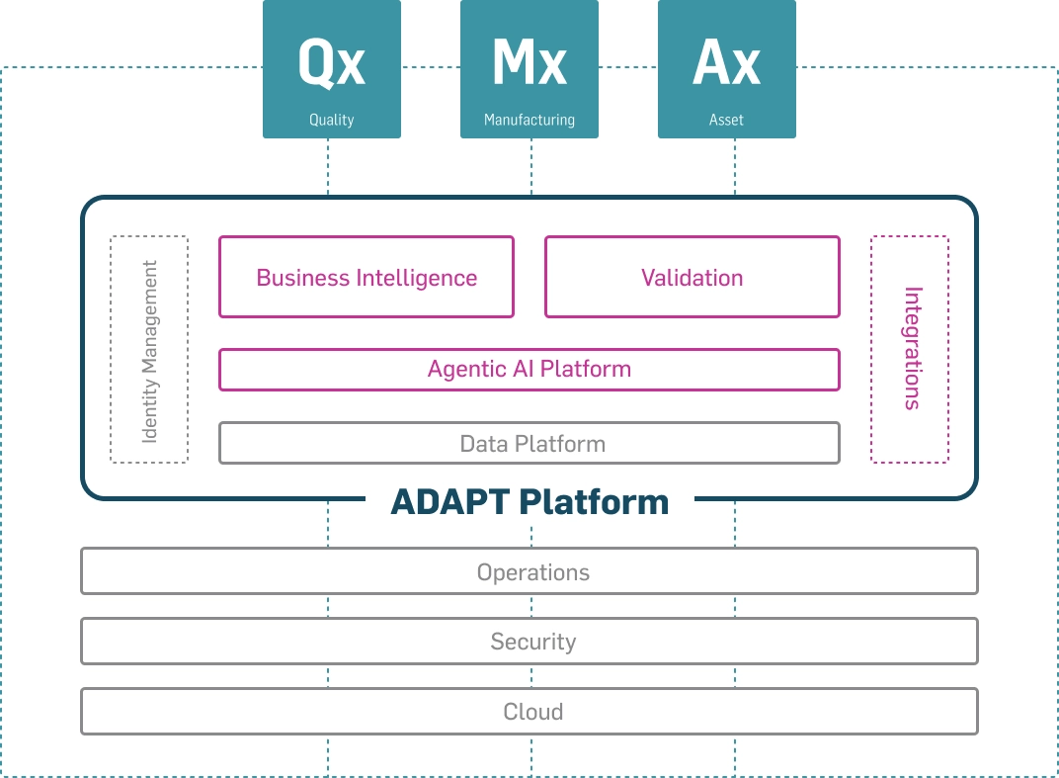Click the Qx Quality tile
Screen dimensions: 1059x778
[x=332, y=69]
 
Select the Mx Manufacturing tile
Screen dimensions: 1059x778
[x=529, y=69]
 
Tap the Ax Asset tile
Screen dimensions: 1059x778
[x=727, y=69]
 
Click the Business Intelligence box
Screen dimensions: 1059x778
[x=367, y=277]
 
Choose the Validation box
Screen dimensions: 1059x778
[x=692, y=277]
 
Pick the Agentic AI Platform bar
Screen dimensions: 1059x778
[x=529, y=370]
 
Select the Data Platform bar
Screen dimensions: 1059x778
[x=529, y=444]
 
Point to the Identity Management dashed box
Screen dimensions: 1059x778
[x=149, y=350]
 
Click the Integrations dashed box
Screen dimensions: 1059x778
[x=910, y=350]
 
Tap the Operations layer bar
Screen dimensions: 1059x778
[x=529, y=571]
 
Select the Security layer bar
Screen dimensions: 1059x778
[x=529, y=641]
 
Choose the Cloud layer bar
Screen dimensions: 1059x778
[x=529, y=711]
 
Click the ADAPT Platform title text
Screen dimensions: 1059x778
[x=530, y=501]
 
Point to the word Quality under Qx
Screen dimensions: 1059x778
[x=332, y=121]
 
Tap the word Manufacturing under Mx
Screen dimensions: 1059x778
[x=529, y=121]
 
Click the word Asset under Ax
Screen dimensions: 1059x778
[x=727, y=120]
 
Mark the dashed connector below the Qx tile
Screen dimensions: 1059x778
[x=328, y=167]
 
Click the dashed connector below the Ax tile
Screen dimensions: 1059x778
[x=735, y=167]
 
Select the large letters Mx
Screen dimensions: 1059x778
[x=529, y=62]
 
